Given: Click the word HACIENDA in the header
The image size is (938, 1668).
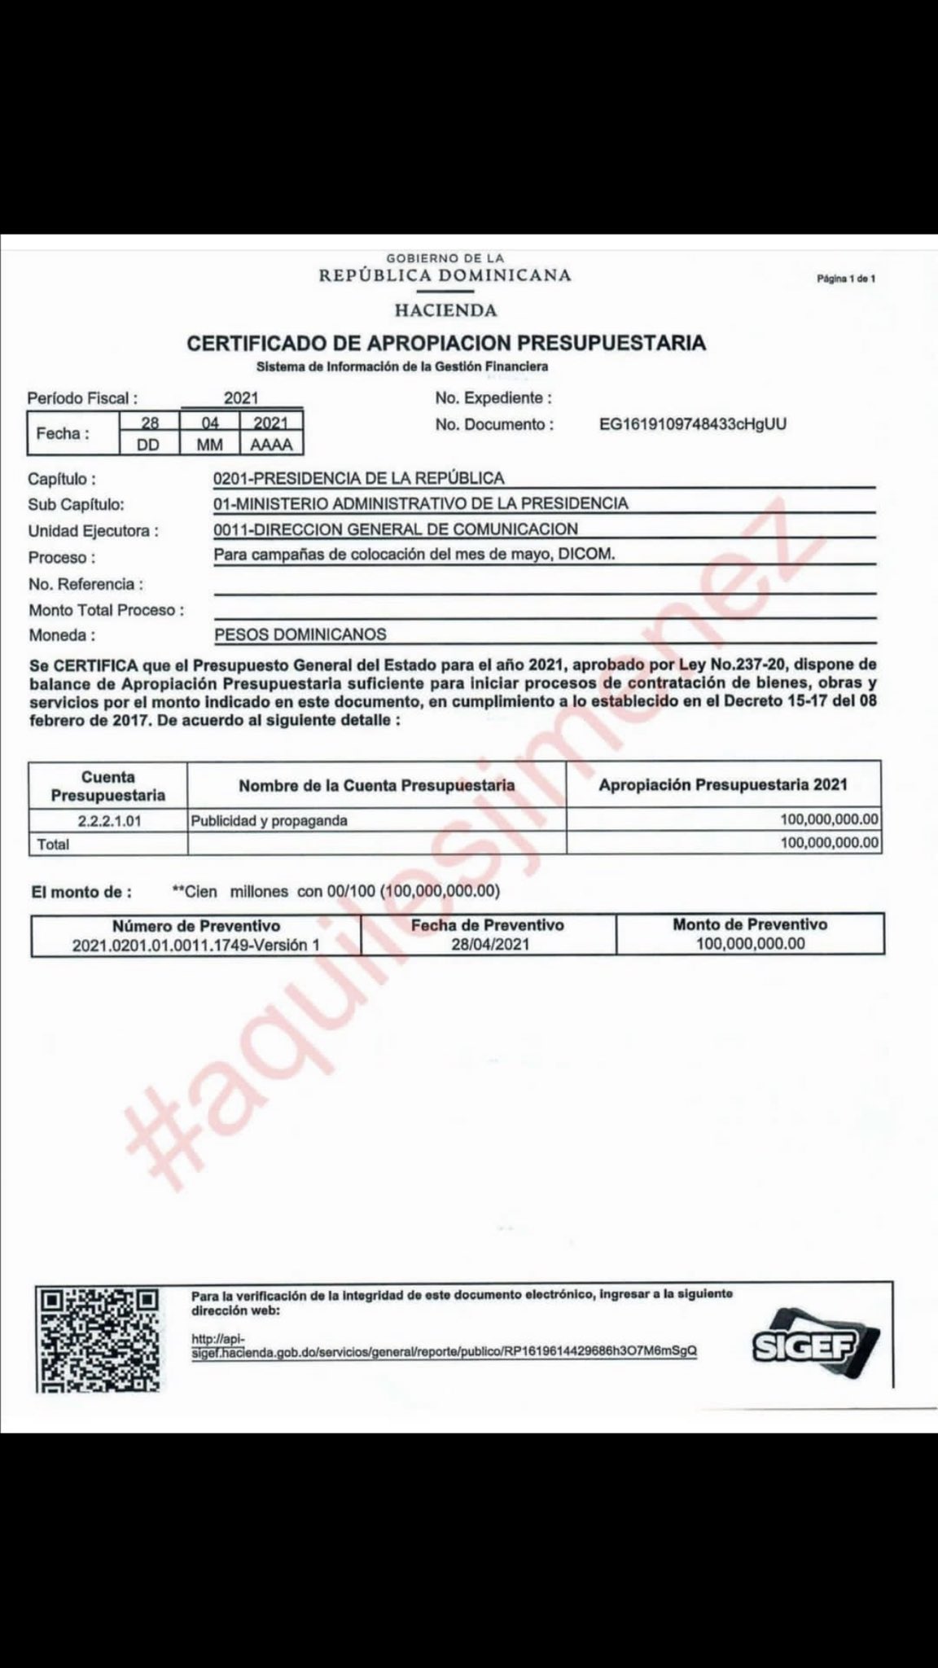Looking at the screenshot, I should (445, 310).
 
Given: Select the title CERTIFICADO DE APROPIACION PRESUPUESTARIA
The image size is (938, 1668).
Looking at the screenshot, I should (446, 343).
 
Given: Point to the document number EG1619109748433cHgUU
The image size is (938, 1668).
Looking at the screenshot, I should (693, 424).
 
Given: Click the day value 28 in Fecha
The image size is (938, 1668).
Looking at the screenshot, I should (149, 424).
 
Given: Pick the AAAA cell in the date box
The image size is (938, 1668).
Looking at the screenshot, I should (271, 445).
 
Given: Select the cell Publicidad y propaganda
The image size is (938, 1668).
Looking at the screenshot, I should (269, 821).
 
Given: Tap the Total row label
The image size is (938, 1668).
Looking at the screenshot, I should (53, 845).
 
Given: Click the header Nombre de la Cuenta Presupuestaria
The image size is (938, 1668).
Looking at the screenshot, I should (376, 785).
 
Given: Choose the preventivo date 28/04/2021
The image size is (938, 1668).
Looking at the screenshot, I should (487, 944).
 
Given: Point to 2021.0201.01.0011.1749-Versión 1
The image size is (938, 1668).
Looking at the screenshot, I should (195, 945).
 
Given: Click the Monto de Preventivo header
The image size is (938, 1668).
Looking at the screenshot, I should (749, 924).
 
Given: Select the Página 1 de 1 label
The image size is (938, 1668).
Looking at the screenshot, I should (845, 279).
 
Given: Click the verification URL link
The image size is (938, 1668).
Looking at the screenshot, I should (444, 1350).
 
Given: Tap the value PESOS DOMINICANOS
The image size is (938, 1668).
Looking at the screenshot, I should (300, 634).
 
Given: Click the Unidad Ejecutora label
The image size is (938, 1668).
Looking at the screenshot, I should (93, 531).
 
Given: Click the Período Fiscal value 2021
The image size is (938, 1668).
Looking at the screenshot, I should (241, 398).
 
